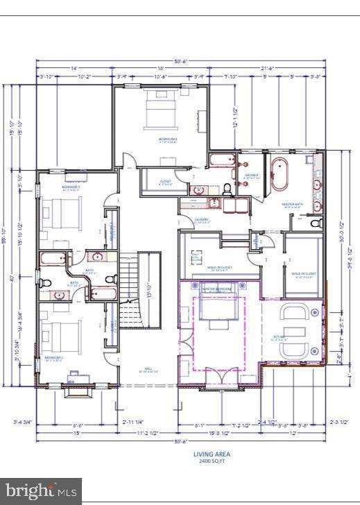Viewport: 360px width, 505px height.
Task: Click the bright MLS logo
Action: (40, 491)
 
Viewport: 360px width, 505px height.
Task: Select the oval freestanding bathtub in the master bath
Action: (282, 174)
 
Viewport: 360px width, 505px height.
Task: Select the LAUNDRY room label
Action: (202, 220)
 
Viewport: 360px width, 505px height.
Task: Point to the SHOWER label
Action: (250, 176)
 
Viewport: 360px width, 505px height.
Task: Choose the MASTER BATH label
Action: (292, 204)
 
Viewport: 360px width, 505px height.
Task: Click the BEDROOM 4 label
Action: (167, 139)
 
